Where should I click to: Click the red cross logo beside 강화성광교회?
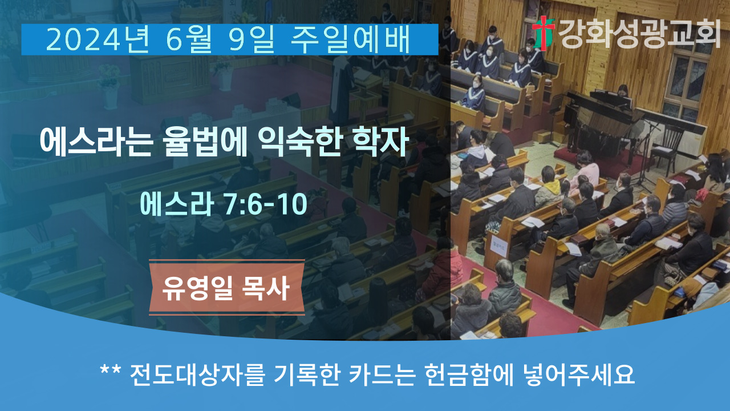544,33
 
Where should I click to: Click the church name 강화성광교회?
639,34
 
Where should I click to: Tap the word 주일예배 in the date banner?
350,40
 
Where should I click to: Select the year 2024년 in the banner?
98,40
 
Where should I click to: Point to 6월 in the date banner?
189,40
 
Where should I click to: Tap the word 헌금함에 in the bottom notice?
469,375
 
